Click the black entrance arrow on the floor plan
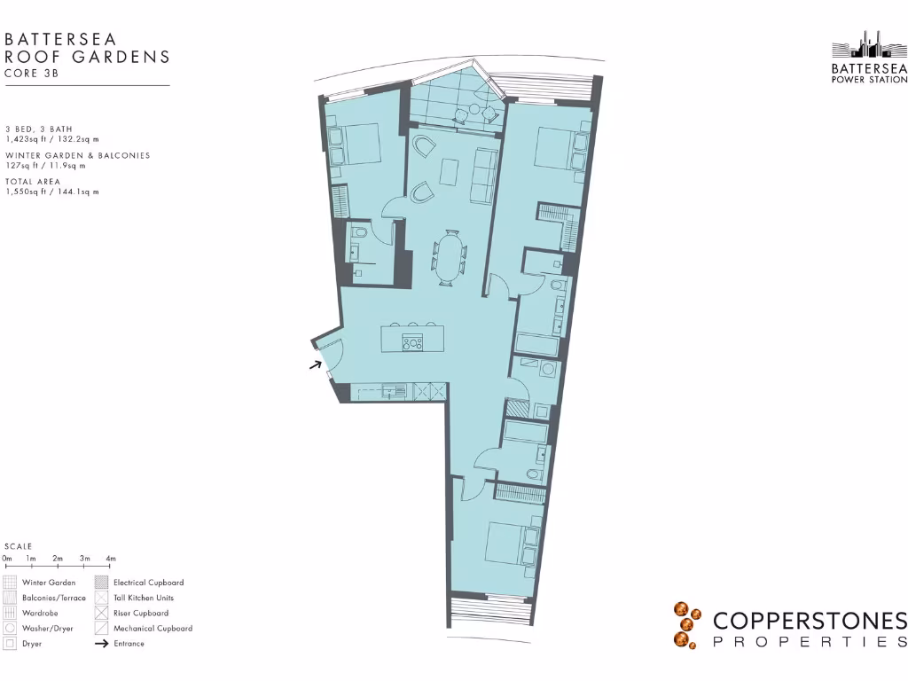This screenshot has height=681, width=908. click(315, 364)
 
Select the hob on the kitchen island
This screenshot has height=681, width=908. click(412, 342)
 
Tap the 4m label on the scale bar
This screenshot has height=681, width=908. click(111, 559)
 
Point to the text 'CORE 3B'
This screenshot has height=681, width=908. click(33, 74)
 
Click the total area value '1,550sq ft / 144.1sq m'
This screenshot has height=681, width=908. click(52, 192)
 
